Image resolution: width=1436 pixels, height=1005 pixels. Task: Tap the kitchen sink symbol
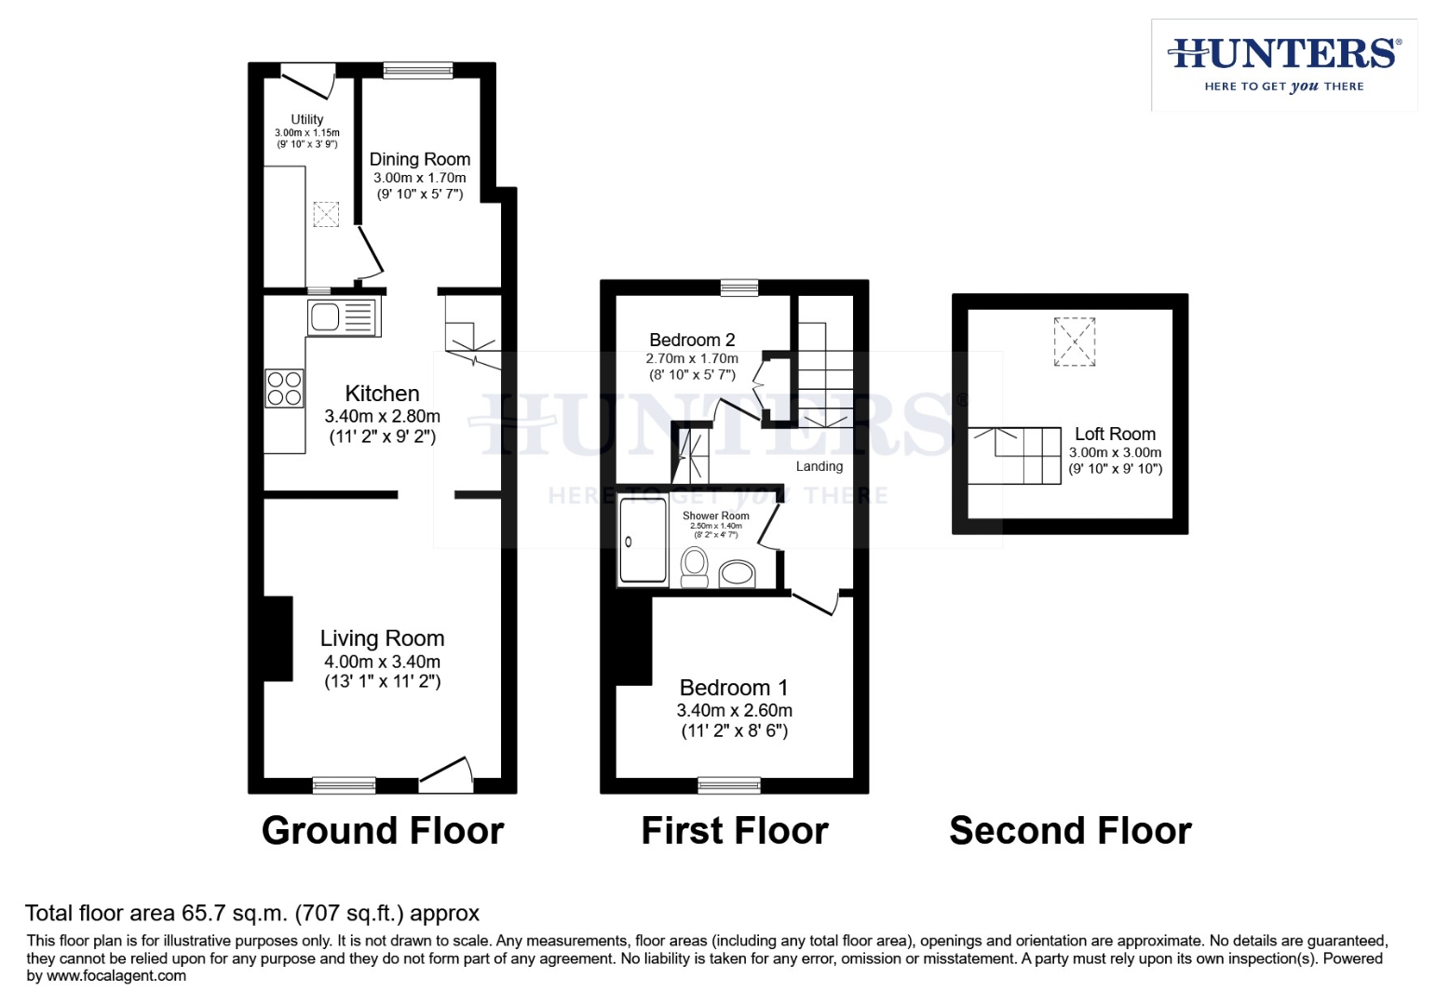point(344,317)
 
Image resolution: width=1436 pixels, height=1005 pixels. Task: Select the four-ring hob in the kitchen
point(284,388)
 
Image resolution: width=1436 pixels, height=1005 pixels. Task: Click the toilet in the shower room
point(694,567)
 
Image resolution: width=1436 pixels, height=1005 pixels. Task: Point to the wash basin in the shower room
point(737,573)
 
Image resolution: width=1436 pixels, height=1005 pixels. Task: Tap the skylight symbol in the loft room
point(1074,342)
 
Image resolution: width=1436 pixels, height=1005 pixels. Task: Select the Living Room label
point(382,638)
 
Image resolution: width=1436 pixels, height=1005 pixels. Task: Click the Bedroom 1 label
point(734,688)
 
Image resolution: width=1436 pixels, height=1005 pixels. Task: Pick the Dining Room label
point(419,159)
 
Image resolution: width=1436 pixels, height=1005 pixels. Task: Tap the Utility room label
point(307,119)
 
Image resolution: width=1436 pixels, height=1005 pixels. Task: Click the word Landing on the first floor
point(819,466)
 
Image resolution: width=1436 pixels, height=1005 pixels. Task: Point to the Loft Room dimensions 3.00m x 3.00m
point(1115,452)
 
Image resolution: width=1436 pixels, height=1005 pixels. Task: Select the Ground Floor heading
point(382,830)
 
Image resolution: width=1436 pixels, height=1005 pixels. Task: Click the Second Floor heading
point(1070,830)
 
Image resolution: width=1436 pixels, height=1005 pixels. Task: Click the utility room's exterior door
point(308,79)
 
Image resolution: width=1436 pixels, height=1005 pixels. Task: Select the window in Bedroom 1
point(728,785)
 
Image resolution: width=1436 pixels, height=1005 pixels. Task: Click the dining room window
point(418,71)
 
